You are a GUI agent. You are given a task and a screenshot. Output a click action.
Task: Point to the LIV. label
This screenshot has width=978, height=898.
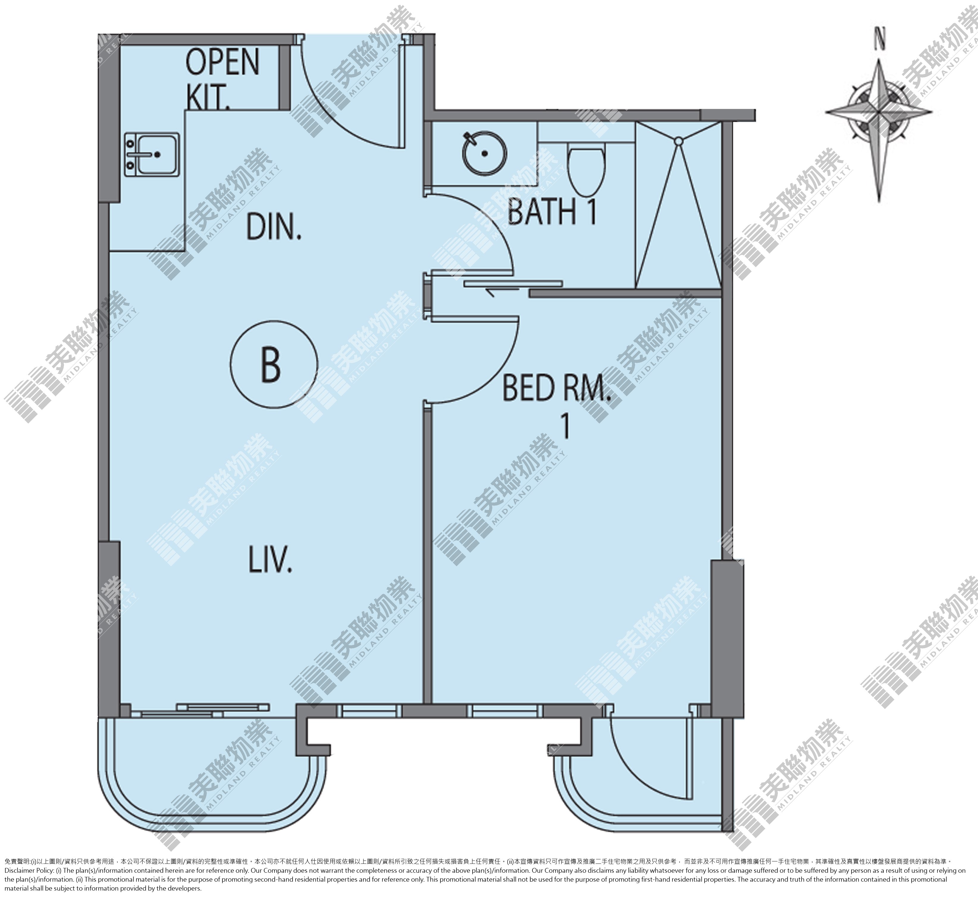click(x=271, y=558)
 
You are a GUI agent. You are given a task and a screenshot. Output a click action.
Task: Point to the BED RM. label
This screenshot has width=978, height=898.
click(x=556, y=387)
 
